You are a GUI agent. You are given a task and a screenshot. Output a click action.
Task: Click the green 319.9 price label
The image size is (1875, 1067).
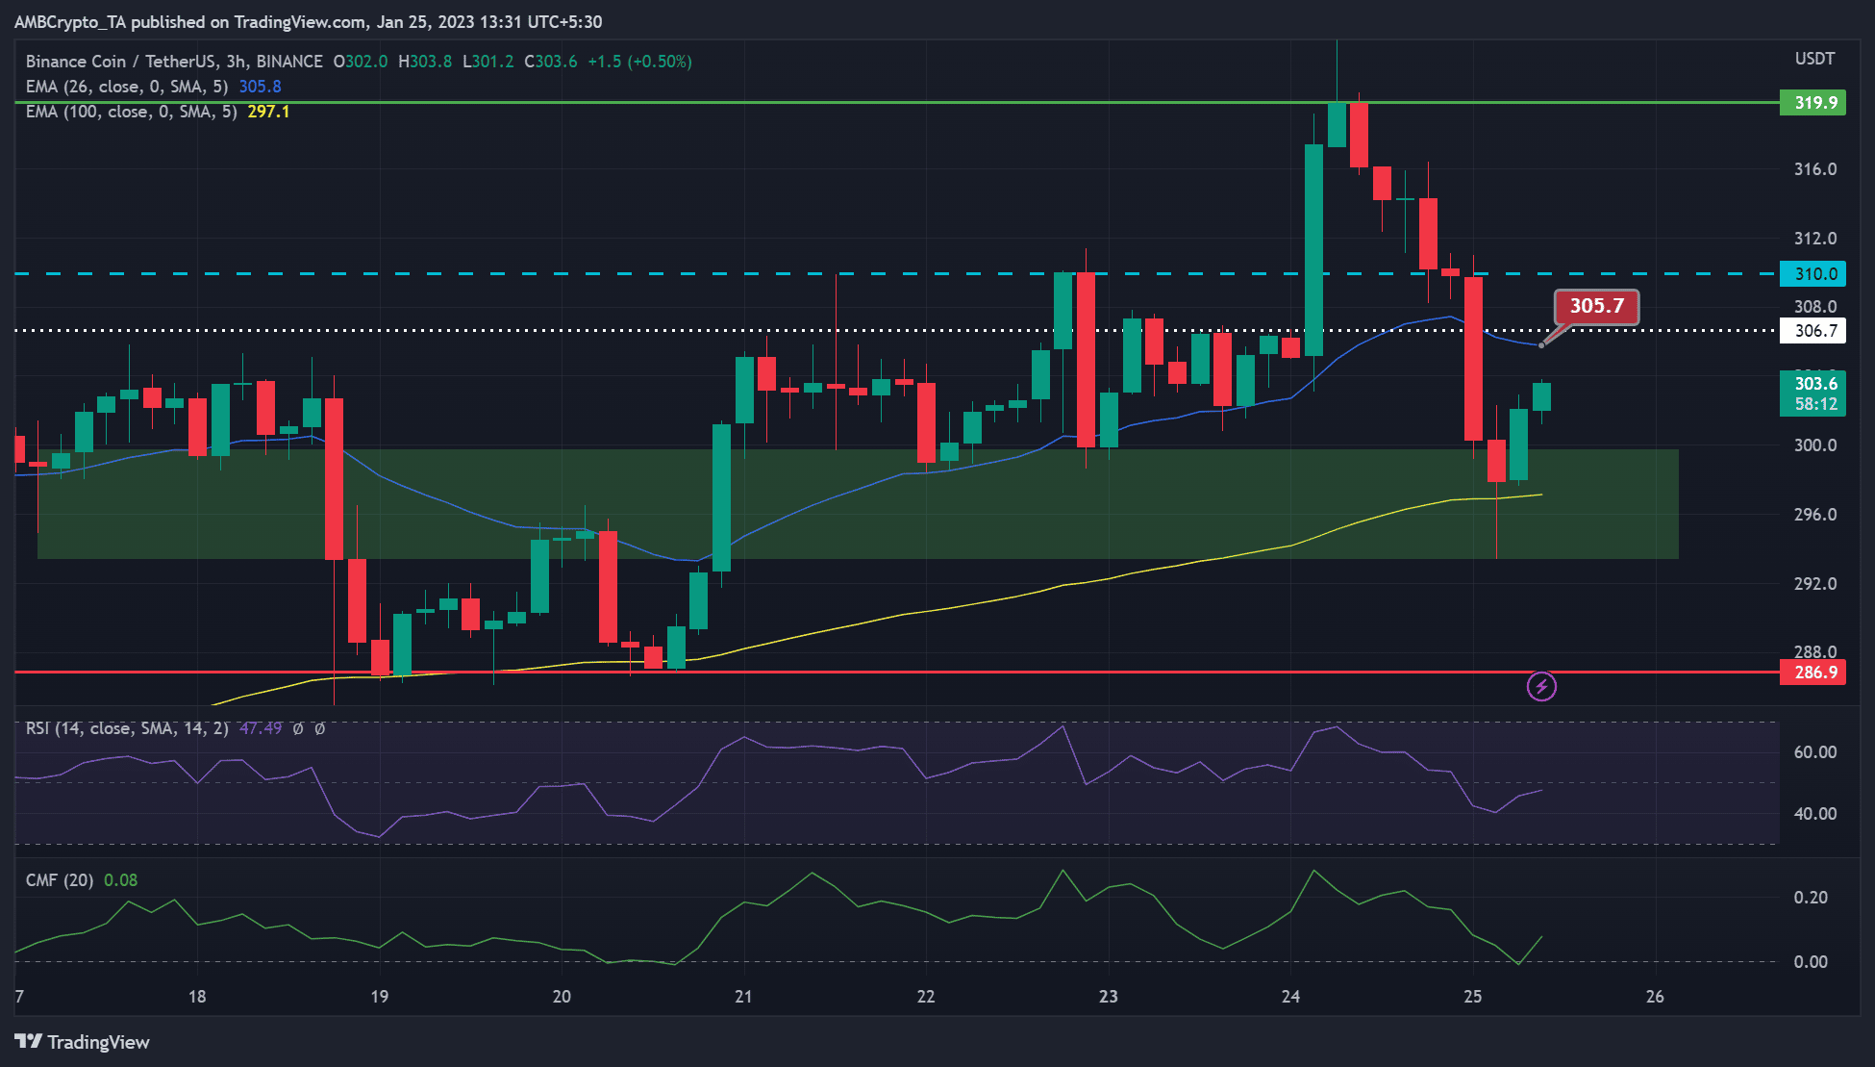click(1812, 102)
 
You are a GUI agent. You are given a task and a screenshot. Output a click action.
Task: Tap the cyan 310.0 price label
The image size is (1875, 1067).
click(1812, 273)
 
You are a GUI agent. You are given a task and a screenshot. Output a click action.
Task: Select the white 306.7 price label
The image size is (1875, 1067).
click(1812, 331)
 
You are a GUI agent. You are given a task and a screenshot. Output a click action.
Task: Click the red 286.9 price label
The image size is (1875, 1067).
click(1812, 672)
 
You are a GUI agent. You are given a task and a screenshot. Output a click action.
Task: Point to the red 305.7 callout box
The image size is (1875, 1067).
click(1596, 307)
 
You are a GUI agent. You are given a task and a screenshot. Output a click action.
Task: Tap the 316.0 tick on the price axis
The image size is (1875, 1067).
click(1815, 169)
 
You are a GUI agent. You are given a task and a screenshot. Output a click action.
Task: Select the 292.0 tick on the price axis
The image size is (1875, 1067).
click(1815, 583)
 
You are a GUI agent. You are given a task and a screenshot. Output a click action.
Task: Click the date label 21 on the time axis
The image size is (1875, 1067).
click(743, 996)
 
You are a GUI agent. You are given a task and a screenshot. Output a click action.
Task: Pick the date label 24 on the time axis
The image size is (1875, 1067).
click(1290, 996)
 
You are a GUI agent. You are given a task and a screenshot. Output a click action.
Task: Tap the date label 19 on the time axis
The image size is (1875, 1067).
click(380, 996)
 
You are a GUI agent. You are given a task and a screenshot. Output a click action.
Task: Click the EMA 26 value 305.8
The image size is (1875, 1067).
click(260, 87)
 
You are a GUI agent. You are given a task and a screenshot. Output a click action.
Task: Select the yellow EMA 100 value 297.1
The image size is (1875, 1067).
click(268, 112)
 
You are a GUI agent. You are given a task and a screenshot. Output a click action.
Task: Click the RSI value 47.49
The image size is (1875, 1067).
click(261, 728)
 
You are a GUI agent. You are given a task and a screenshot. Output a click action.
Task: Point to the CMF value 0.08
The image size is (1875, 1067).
click(120, 880)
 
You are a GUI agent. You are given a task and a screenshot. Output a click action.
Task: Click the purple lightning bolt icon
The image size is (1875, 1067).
click(1541, 686)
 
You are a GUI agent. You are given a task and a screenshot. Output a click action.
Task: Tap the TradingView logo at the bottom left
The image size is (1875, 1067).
click(83, 1042)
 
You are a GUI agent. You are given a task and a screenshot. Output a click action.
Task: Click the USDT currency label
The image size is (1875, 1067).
click(1814, 60)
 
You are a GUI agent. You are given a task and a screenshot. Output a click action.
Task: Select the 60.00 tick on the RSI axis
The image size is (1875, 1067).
click(1815, 751)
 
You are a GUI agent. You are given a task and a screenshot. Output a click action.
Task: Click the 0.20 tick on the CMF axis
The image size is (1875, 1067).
click(1811, 897)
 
